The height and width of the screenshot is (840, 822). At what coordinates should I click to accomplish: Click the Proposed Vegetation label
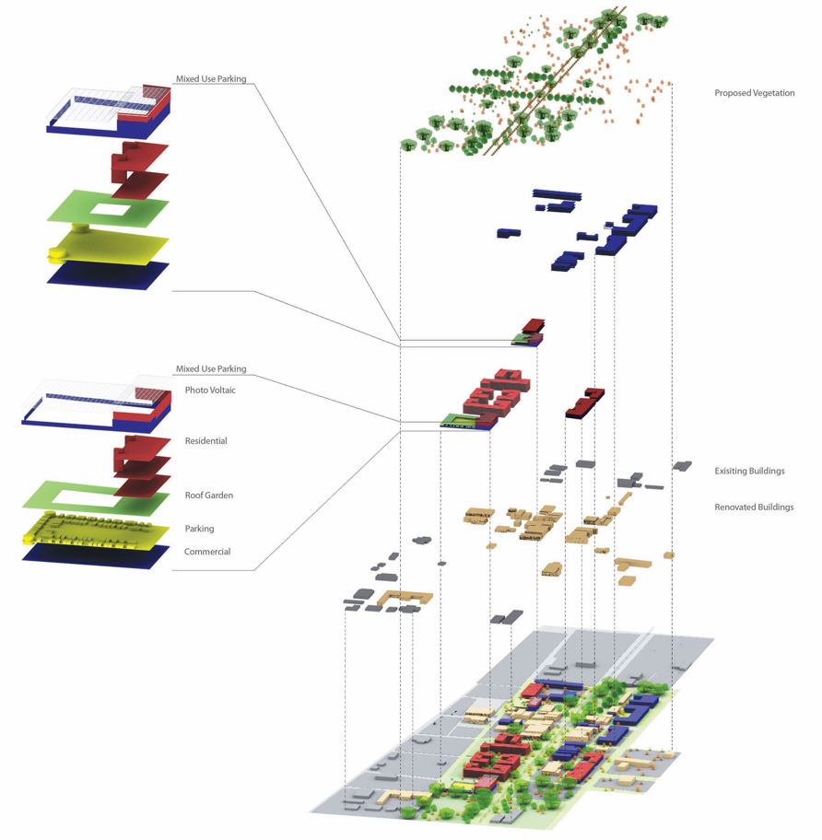[754, 93]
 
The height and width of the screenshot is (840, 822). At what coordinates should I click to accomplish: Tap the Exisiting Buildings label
[749, 471]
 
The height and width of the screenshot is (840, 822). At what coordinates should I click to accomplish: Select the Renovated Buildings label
[753, 507]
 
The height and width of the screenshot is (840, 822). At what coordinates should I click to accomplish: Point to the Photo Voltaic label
[213, 391]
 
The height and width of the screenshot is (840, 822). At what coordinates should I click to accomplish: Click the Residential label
[205, 441]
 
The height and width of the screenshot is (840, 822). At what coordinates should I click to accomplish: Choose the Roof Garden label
[208, 496]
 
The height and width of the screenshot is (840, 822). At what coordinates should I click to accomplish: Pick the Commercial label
[206, 552]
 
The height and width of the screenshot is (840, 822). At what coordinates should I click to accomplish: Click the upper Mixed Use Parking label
[211, 79]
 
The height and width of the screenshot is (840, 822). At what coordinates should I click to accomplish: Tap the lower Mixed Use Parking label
[211, 369]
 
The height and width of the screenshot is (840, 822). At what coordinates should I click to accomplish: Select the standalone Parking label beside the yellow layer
[199, 529]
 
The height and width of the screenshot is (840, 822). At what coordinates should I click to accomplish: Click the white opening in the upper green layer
[107, 211]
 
